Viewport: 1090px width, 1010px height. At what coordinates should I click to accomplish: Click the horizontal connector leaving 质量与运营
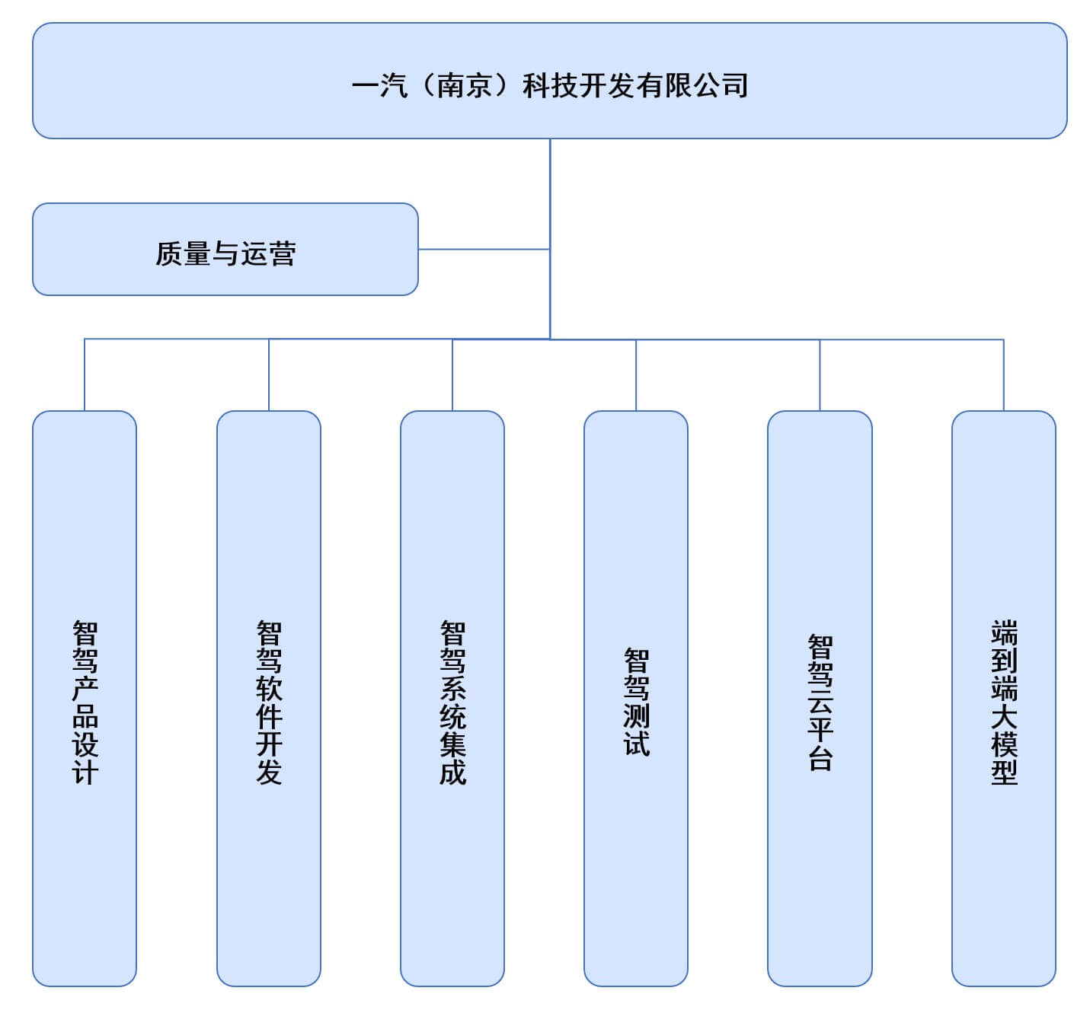point(484,249)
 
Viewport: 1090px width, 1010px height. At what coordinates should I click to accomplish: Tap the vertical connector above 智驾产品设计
point(85,375)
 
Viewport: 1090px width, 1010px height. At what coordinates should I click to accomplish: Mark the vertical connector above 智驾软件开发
point(269,375)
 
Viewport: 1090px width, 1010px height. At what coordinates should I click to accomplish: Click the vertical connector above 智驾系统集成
point(452,375)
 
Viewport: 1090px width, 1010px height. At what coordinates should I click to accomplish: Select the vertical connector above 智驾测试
point(636,375)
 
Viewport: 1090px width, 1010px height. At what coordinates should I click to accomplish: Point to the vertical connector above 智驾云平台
point(820,375)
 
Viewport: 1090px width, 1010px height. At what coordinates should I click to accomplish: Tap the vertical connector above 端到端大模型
point(1004,375)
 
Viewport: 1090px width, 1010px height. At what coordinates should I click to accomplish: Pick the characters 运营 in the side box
point(268,253)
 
